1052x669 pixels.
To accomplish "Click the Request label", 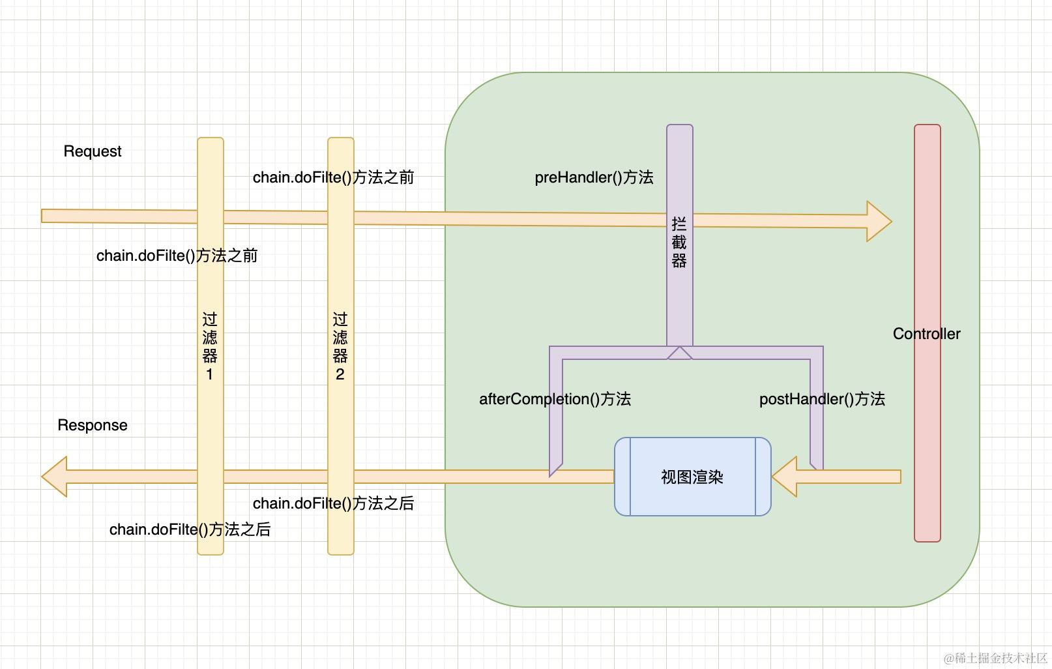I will coord(93,151).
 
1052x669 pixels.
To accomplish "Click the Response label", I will coord(93,425).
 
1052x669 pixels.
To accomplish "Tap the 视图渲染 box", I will coord(692,477).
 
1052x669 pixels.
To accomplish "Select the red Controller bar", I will coord(927,456).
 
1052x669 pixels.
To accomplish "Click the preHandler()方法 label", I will coord(594,177).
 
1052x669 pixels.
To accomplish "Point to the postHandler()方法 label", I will coord(822,399).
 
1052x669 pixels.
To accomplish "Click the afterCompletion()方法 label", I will coord(555,399).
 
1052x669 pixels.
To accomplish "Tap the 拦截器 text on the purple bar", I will coord(679,243).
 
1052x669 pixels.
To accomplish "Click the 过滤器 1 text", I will coord(210,346).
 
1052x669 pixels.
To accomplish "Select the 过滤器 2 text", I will coord(340,346).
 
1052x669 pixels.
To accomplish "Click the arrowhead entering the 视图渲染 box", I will coord(785,477).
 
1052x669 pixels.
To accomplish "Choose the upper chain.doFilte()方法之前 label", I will coord(333,177).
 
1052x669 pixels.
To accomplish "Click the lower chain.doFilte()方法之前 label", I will coord(177,256).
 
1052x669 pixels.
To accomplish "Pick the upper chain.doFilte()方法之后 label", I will coord(333,503).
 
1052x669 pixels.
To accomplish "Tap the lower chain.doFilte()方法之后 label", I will coord(190,529).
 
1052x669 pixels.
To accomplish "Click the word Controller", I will coord(926,334).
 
